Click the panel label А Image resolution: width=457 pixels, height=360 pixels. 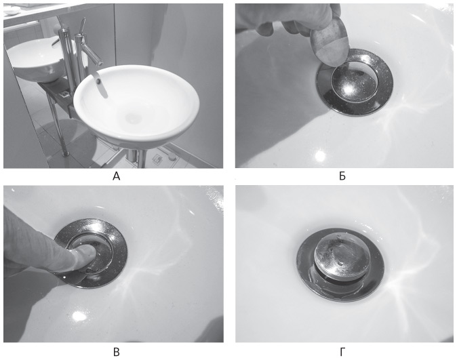click(x=117, y=176)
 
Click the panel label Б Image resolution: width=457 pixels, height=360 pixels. click(x=342, y=176)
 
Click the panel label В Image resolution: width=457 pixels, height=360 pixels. click(x=117, y=352)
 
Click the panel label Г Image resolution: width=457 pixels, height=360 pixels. click(x=342, y=352)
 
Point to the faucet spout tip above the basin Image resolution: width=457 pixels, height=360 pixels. click(x=100, y=62)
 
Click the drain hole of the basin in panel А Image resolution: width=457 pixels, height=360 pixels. click(x=134, y=118)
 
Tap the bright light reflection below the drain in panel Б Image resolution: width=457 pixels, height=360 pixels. click(x=320, y=156)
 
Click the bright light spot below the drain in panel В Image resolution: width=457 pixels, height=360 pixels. click(x=79, y=316)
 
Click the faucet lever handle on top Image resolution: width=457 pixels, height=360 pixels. click(x=83, y=26)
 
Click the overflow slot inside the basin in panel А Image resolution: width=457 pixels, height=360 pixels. click(x=100, y=85)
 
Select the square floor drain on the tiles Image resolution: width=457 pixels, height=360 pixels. click(x=157, y=158)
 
